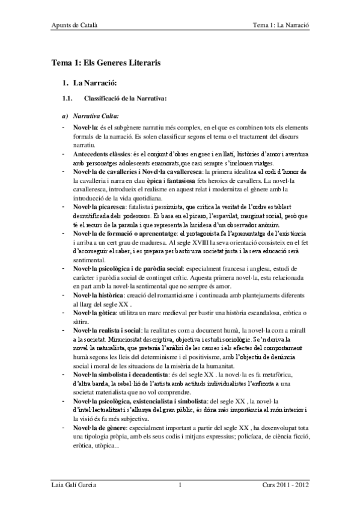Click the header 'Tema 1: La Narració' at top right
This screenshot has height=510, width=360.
tap(284, 26)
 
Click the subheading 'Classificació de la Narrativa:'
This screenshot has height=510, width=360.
tap(125, 97)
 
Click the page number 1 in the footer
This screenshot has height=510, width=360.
tap(180, 485)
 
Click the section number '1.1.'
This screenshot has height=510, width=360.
tap(67, 97)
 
